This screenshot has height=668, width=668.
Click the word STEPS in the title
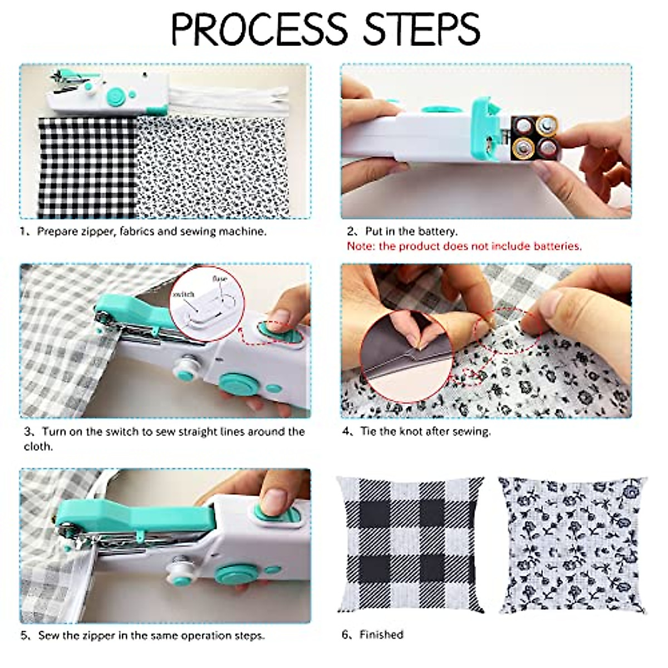421,29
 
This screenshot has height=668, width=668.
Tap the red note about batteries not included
464,246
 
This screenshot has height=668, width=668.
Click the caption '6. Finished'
372,635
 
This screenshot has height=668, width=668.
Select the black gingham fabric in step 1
86,167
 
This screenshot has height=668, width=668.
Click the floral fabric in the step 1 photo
212,167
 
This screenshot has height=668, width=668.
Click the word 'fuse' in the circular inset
219,277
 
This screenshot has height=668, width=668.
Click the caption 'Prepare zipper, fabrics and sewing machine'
144,231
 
